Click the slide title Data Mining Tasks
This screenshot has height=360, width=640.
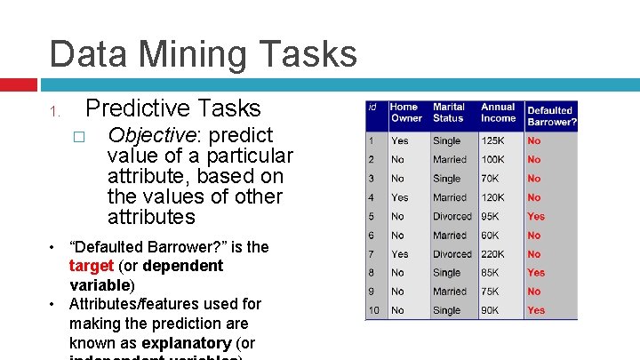(203, 53)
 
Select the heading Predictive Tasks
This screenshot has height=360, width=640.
(172, 108)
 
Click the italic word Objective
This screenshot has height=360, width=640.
(146, 135)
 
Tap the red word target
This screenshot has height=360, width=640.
(91, 266)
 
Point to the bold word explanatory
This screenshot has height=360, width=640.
(186, 343)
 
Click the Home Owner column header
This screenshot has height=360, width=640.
(407, 113)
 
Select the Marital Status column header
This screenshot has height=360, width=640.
(449, 113)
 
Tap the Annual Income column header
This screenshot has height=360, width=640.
(498, 113)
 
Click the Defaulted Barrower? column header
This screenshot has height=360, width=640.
(551, 116)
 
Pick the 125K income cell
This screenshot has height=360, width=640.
(493, 140)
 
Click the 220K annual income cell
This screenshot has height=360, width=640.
(493, 254)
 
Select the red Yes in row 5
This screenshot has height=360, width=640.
(536, 217)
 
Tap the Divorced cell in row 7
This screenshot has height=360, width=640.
(452, 254)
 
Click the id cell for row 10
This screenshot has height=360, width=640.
(374, 310)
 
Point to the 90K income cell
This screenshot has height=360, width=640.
(491, 310)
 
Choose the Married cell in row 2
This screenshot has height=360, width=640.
(450, 160)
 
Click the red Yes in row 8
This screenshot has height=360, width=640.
(536, 273)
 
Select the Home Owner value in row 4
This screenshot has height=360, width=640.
(400, 197)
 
